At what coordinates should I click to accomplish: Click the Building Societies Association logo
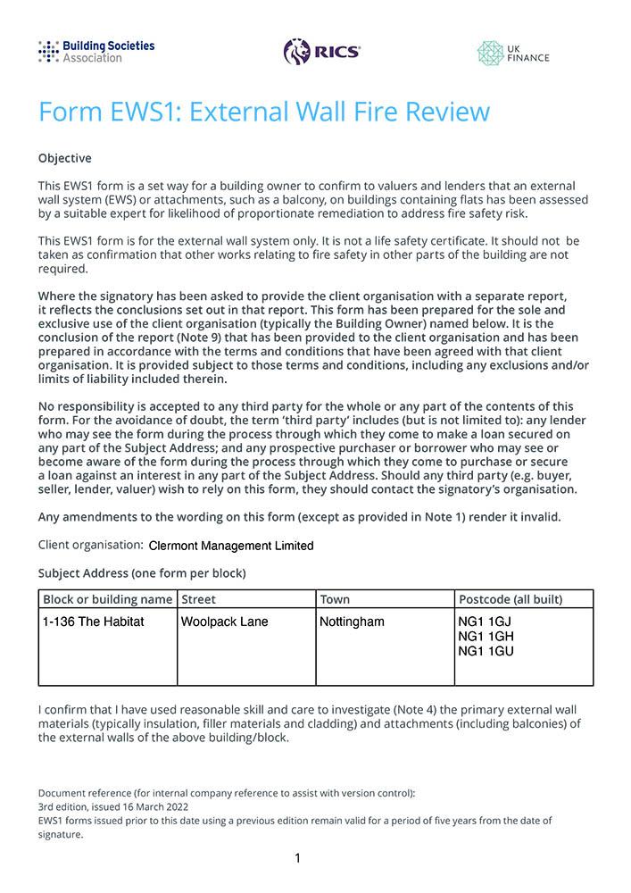click(96, 51)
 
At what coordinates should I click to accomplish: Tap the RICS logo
click(321, 52)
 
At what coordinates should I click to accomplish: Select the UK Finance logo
click(513, 53)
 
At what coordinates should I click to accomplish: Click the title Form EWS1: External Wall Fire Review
click(264, 112)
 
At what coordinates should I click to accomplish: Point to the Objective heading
click(64, 158)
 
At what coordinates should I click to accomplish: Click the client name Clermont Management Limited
click(231, 546)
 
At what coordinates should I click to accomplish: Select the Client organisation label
click(90, 545)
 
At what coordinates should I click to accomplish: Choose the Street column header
click(198, 599)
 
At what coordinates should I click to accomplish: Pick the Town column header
click(335, 599)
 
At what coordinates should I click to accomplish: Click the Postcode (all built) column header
click(510, 599)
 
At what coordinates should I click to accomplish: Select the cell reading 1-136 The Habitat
click(94, 622)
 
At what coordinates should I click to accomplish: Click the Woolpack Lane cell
click(224, 622)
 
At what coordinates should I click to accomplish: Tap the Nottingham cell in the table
click(352, 622)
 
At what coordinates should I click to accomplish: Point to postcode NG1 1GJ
click(484, 622)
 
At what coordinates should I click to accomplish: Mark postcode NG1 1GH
click(485, 636)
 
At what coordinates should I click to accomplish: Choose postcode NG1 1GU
click(485, 651)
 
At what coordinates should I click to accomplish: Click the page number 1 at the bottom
click(297, 858)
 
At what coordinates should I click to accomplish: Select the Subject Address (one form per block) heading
click(142, 572)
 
